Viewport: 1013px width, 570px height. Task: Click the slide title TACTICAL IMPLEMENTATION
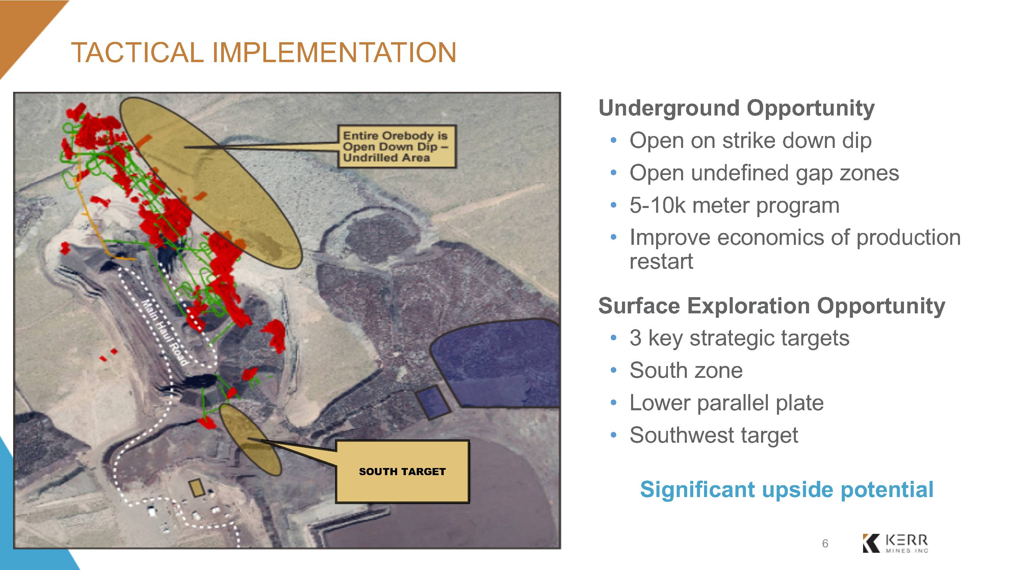tap(263, 52)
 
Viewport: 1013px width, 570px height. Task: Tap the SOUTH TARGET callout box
tap(402, 471)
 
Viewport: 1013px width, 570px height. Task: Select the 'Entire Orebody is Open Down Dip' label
tap(397, 146)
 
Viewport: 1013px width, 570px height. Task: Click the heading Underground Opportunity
tap(736, 108)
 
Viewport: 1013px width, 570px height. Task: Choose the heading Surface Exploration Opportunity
tap(772, 306)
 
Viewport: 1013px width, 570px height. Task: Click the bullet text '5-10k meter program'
tap(734, 205)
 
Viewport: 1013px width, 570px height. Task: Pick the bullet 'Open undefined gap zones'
tap(764, 173)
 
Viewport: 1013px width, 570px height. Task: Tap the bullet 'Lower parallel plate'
tap(726, 403)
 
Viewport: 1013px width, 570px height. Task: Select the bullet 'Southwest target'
tap(714, 435)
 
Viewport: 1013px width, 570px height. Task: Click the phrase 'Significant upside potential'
tap(786, 489)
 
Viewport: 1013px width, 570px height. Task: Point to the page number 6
tap(825, 544)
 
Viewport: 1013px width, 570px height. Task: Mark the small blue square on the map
tap(433, 403)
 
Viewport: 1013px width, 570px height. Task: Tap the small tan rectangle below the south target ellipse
tap(197, 488)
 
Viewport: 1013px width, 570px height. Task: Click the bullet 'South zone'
tap(686, 370)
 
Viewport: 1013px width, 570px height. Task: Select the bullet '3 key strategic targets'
tap(739, 338)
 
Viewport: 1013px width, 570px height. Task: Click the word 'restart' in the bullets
tap(661, 262)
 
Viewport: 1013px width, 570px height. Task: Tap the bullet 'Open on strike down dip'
tap(750, 141)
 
